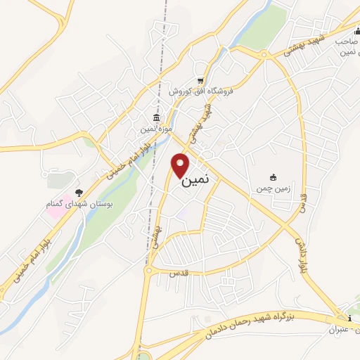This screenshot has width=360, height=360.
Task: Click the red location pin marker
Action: coord(181,165)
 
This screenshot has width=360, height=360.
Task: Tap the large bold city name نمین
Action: coord(195,180)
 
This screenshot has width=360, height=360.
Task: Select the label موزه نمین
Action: coord(156,128)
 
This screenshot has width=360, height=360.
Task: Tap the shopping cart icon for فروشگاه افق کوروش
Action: coord(201,79)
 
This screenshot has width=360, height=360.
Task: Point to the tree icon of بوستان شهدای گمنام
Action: coord(79,192)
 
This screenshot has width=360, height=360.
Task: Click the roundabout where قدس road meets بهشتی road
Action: coord(149,269)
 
